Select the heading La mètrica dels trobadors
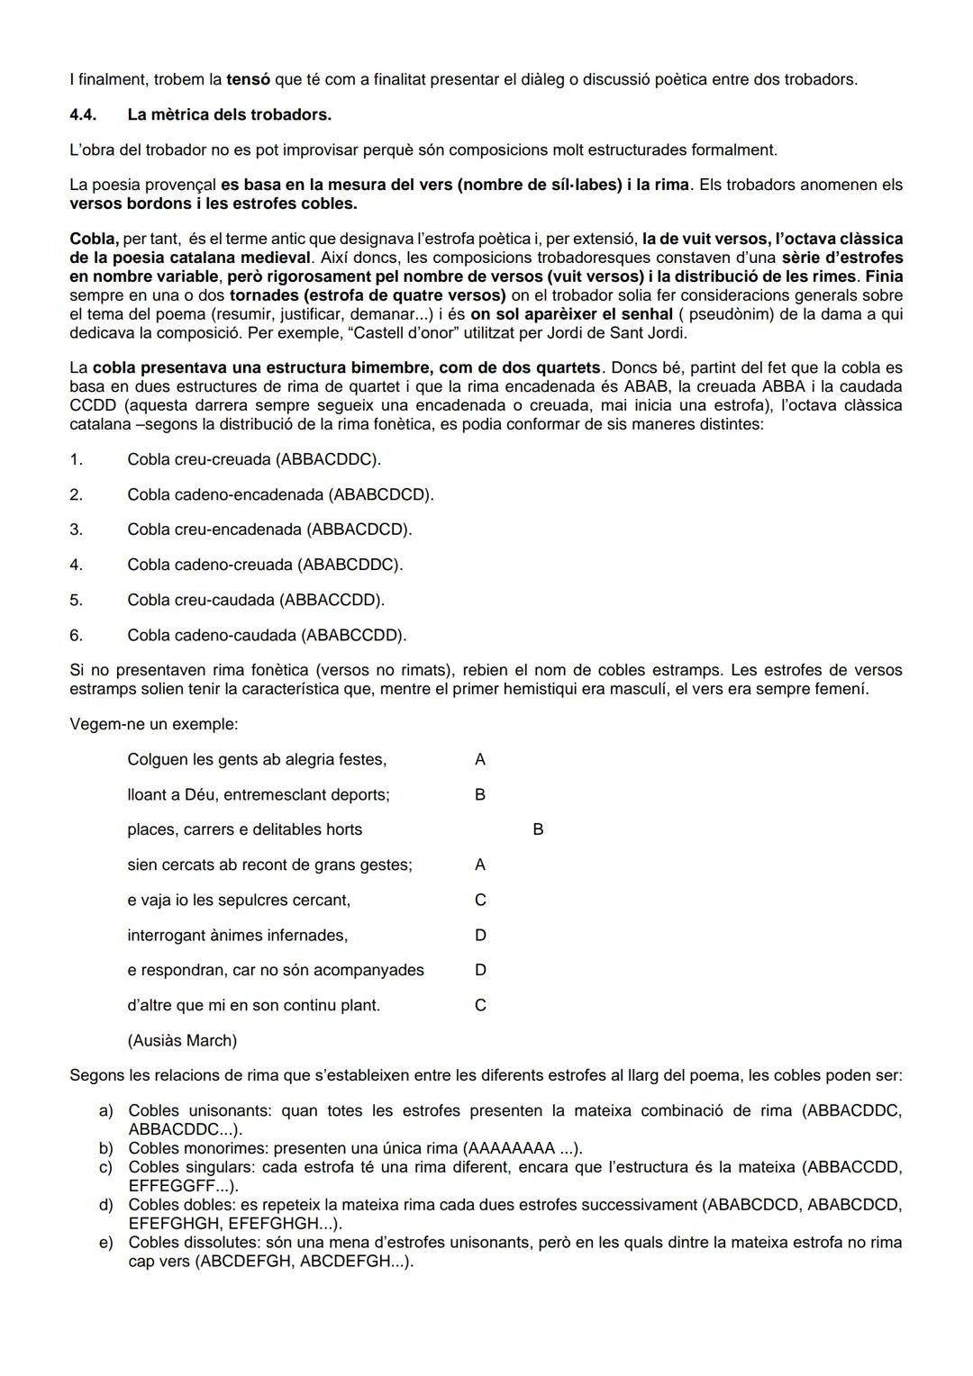[x=229, y=114]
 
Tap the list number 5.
[x=76, y=600]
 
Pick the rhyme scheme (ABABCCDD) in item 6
[x=353, y=635]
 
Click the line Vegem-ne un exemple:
[x=153, y=724]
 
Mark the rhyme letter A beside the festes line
[x=479, y=759]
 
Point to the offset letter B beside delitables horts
[x=538, y=829]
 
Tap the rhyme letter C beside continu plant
[x=480, y=1005]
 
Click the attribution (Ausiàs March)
[x=182, y=1040]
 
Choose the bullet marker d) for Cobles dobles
[x=105, y=1205]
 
